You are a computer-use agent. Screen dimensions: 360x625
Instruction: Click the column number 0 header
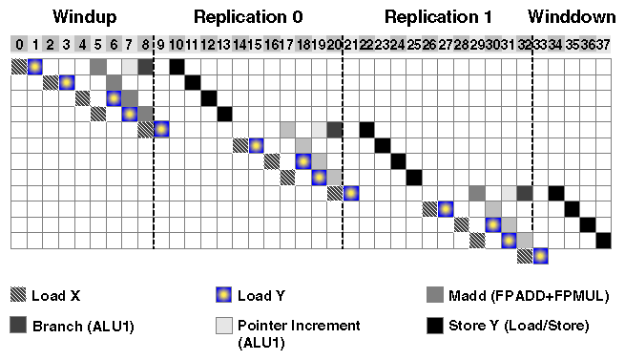(x=19, y=44)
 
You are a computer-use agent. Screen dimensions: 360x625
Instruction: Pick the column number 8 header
(x=145, y=44)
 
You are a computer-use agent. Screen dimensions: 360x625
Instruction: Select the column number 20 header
(x=334, y=44)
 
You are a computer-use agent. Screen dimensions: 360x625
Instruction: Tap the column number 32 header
(x=524, y=44)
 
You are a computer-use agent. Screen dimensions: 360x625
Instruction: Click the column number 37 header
(x=603, y=44)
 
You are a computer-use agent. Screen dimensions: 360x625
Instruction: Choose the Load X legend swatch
(x=19, y=295)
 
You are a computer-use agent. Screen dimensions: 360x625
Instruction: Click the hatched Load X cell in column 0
(x=19, y=66)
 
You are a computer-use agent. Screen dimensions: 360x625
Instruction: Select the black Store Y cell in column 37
(x=603, y=240)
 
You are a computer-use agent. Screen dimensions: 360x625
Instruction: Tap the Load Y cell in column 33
(x=540, y=256)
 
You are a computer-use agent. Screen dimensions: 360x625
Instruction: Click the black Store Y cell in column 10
(x=177, y=66)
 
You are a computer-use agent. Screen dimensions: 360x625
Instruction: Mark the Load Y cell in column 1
(x=34, y=66)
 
